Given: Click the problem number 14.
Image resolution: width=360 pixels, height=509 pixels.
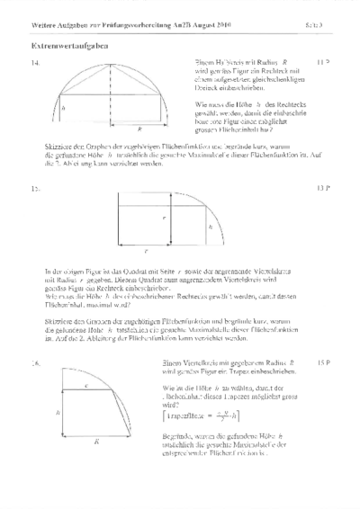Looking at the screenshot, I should coord(35,63).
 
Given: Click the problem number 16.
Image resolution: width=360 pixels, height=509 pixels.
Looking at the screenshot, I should coord(35,336).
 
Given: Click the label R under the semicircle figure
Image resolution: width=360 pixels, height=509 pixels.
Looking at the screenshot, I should coord(114,129).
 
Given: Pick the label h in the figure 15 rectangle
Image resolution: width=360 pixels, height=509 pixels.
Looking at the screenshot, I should coord(210,228).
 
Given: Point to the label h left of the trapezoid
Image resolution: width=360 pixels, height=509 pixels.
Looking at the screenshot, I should coord(56,387).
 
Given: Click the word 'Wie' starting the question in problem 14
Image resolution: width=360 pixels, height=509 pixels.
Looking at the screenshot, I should coord(200,105).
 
